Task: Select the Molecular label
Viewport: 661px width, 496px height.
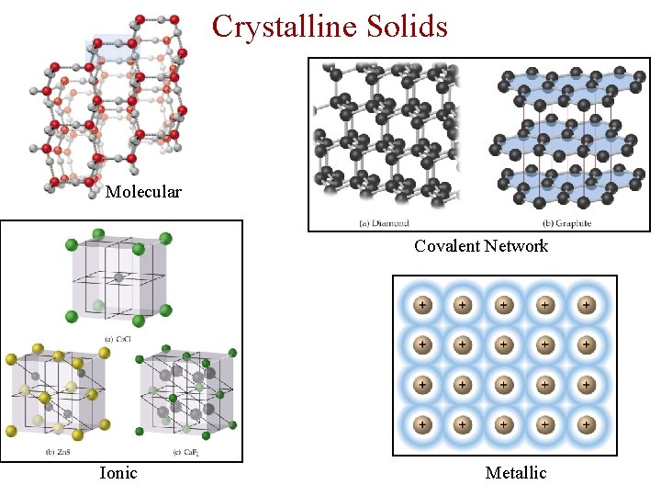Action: point(143,192)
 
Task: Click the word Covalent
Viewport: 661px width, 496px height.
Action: point(447,245)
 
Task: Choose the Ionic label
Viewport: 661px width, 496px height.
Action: point(118,472)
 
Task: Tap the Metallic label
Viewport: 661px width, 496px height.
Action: point(516,472)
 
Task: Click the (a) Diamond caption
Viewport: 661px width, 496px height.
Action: point(384,222)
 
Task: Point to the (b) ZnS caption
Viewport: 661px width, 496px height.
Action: point(58,451)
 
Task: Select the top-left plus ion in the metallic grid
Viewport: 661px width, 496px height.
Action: point(422,305)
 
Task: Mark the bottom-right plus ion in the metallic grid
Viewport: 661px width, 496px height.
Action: point(586,424)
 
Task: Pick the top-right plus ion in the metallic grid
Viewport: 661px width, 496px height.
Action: point(586,305)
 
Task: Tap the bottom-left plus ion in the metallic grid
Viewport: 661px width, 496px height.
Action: point(422,424)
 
